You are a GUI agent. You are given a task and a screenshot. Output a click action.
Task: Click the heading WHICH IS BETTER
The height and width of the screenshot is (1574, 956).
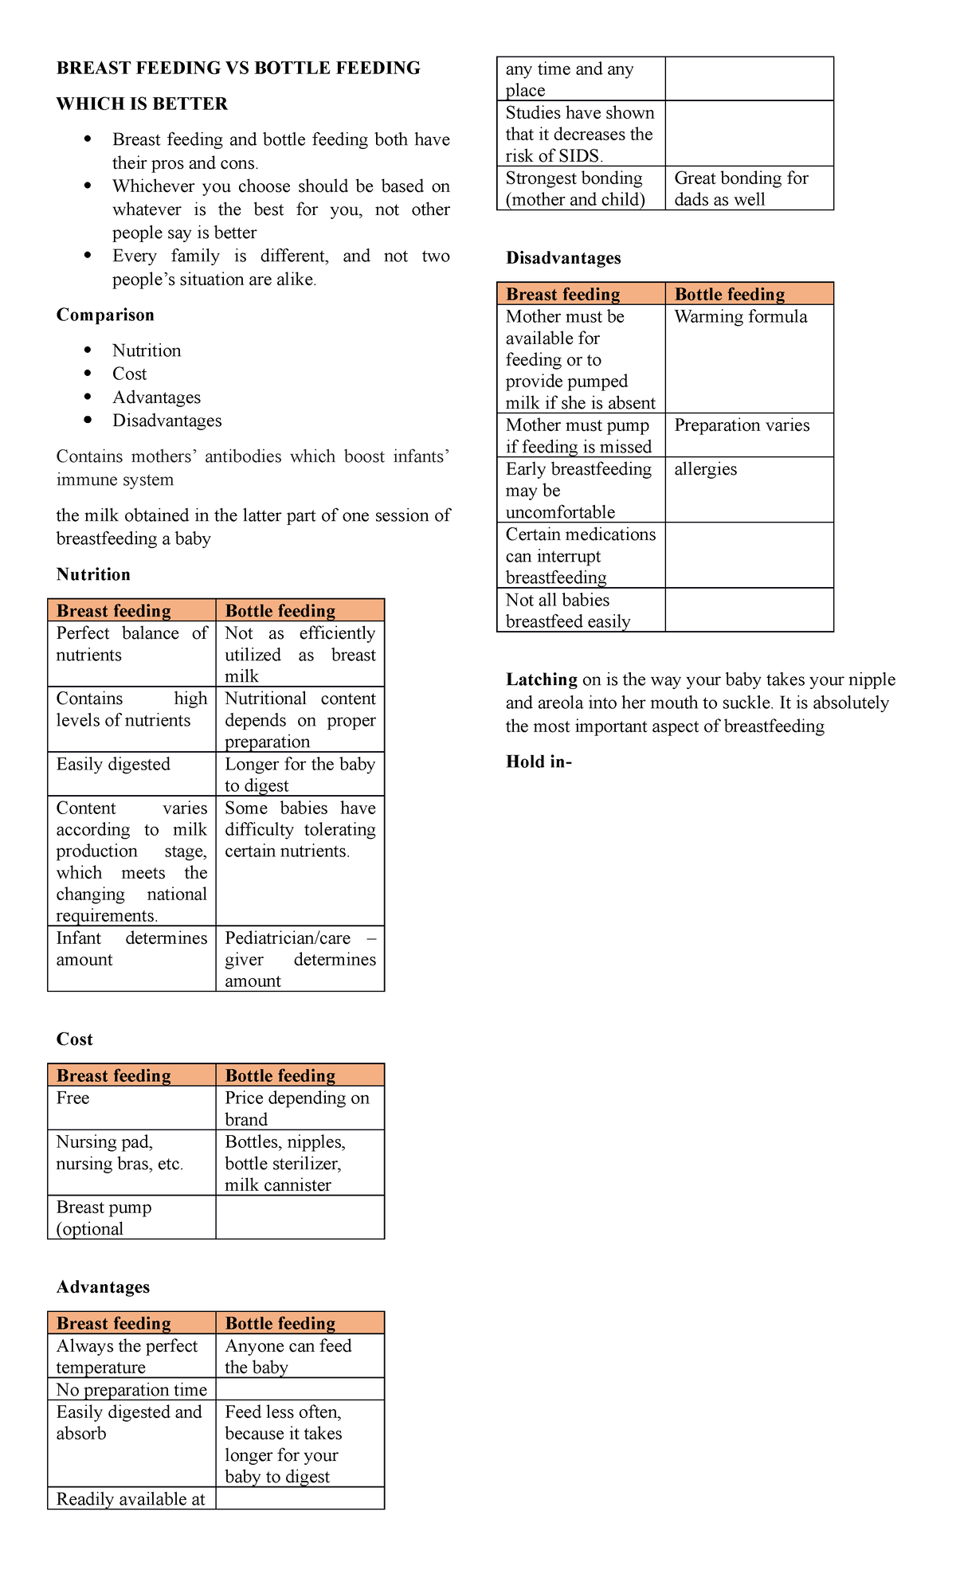(x=142, y=104)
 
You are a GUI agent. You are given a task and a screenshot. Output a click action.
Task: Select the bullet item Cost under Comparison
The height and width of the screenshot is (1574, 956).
(x=129, y=374)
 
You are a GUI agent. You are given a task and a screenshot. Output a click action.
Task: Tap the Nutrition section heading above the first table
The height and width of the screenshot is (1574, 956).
(x=93, y=574)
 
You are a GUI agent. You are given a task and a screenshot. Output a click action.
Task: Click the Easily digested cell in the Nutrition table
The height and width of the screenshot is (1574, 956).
(x=113, y=765)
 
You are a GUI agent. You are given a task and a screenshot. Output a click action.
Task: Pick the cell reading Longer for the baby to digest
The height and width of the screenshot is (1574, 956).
(x=300, y=774)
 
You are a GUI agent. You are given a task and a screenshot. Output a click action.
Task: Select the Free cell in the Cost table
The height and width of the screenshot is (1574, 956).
(x=73, y=1098)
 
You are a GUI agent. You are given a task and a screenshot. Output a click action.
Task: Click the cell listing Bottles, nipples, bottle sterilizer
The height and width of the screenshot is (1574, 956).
(x=285, y=1163)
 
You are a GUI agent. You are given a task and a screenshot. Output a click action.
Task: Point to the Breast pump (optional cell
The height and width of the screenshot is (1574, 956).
(x=104, y=1218)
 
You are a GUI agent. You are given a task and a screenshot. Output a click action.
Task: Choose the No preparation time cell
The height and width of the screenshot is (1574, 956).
(x=131, y=1390)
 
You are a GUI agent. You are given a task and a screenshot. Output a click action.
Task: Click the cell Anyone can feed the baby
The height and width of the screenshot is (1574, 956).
(x=288, y=1357)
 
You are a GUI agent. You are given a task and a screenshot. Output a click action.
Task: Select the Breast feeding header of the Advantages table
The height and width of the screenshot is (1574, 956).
(x=114, y=1323)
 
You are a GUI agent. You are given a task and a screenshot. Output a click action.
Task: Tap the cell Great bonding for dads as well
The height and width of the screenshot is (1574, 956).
(x=741, y=189)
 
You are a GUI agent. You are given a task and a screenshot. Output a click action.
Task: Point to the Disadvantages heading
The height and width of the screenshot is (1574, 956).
(x=563, y=258)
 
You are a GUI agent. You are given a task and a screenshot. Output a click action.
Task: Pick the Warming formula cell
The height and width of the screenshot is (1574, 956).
(x=741, y=317)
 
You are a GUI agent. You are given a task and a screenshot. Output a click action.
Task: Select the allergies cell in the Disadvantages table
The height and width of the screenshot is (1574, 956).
(x=706, y=469)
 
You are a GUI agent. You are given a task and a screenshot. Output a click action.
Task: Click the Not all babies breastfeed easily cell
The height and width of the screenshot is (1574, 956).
(x=568, y=611)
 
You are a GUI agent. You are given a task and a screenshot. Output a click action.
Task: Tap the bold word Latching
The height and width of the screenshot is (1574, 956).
(x=542, y=679)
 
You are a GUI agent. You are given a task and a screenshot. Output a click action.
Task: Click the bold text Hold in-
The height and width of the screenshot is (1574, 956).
(x=539, y=762)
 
